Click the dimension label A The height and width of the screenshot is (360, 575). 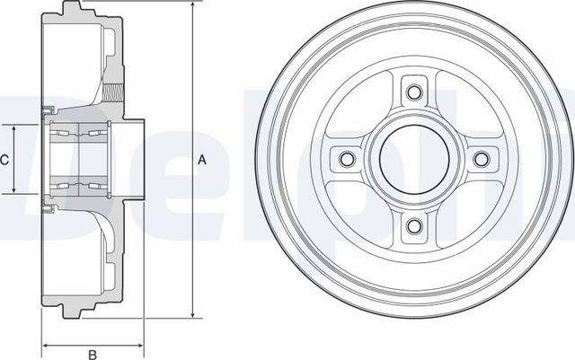click(x=202, y=161)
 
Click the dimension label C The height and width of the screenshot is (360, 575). click(x=4, y=160)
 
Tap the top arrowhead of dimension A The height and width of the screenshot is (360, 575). click(x=192, y=5)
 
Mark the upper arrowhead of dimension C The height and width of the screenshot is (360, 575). click(x=15, y=127)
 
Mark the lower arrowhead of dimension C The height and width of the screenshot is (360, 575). click(x=15, y=191)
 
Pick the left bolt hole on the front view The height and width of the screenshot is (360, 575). click(x=345, y=159)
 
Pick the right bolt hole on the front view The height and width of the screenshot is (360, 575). click(x=482, y=159)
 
